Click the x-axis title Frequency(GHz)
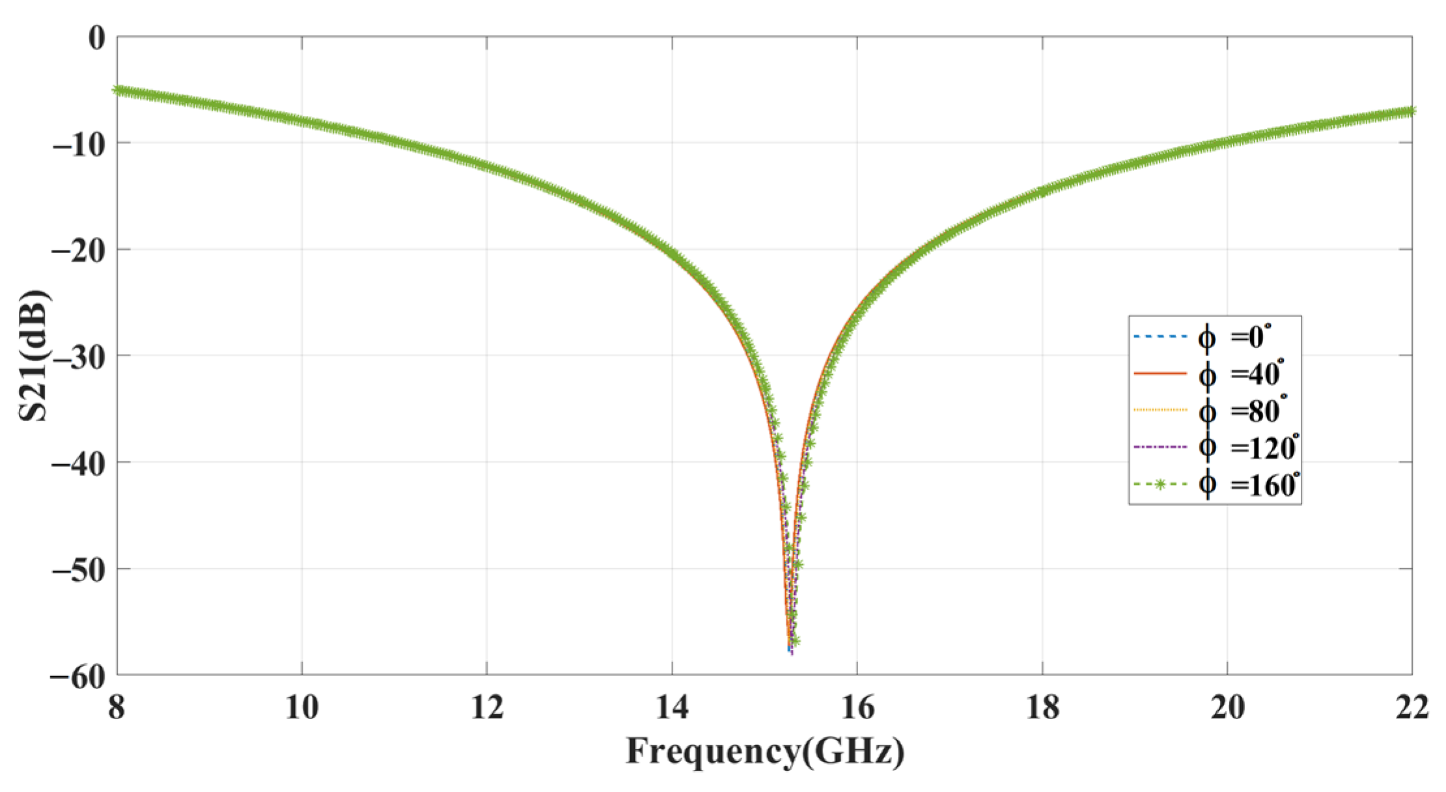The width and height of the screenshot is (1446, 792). pyautogui.click(x=765, y=752)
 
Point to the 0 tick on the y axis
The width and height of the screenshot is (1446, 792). pyautogui.click(x=96, y=38)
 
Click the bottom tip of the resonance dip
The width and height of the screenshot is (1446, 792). pyautogui.click(x=790, y=651)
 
